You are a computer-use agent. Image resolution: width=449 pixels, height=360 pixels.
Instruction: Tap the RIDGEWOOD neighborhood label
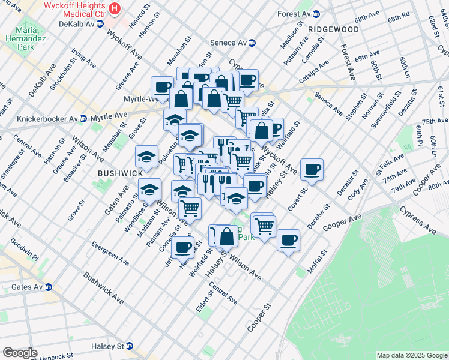333,29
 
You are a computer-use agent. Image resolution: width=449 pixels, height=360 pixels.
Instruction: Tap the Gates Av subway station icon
48,287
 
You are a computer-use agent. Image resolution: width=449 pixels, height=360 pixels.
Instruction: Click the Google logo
20,353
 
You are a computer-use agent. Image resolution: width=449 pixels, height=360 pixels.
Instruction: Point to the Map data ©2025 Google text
411,355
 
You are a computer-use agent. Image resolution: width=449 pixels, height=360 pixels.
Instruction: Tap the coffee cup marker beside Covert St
312,169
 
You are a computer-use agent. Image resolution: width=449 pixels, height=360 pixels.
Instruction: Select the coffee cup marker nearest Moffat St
288,240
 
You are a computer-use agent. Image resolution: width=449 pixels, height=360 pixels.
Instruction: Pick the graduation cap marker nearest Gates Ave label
146,157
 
